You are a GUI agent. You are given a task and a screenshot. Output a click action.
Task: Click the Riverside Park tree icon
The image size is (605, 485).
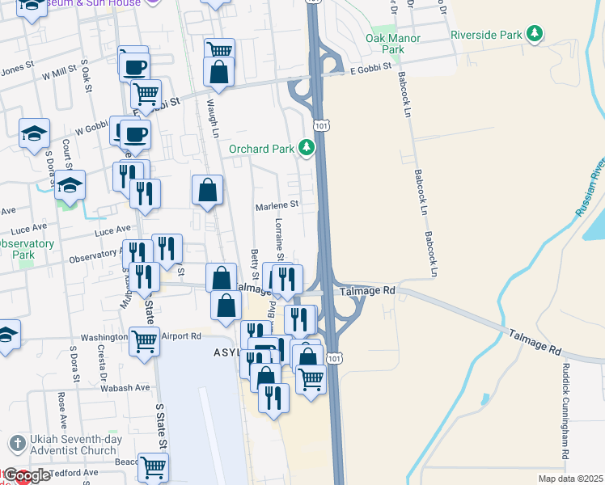click(x=534, y=34)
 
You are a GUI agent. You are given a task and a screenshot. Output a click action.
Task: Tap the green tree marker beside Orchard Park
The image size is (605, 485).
click(x=306, y=148)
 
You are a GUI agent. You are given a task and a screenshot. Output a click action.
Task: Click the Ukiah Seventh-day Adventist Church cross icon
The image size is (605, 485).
click(x=16, y=443)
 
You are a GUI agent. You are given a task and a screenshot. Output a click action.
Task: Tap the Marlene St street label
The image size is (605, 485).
click(x=277, y=205)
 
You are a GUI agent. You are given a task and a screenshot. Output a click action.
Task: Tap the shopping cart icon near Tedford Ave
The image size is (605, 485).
click(x=153, y=466)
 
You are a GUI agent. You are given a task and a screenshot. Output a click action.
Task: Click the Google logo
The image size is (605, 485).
click(x=27, y=476)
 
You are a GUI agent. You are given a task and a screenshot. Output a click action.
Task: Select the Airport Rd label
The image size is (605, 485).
click(x=181, y=335)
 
